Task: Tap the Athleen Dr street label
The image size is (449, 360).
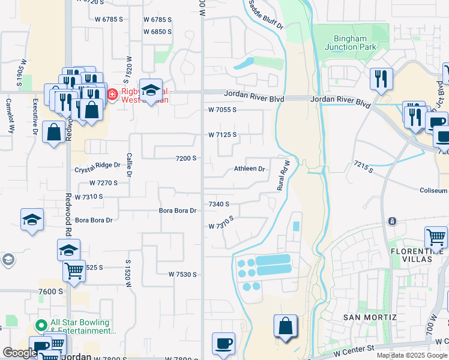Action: tap(249, 169)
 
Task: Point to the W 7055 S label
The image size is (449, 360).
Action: tap(222, 110)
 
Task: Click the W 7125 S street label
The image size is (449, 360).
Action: tap(222, 134)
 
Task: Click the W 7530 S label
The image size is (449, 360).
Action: tap(182, 274)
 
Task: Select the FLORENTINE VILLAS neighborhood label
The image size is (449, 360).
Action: tap(419, 255)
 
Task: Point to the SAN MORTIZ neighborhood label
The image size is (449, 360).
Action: tap(370, 317)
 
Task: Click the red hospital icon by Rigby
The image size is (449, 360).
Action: tap(112, 94)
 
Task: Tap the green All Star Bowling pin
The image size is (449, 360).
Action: tap(41, 326)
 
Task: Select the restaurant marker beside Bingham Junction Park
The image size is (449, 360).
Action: tap(381, 79)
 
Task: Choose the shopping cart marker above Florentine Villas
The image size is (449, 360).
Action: tap(436, 236)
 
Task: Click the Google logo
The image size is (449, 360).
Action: tap(19, 353)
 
